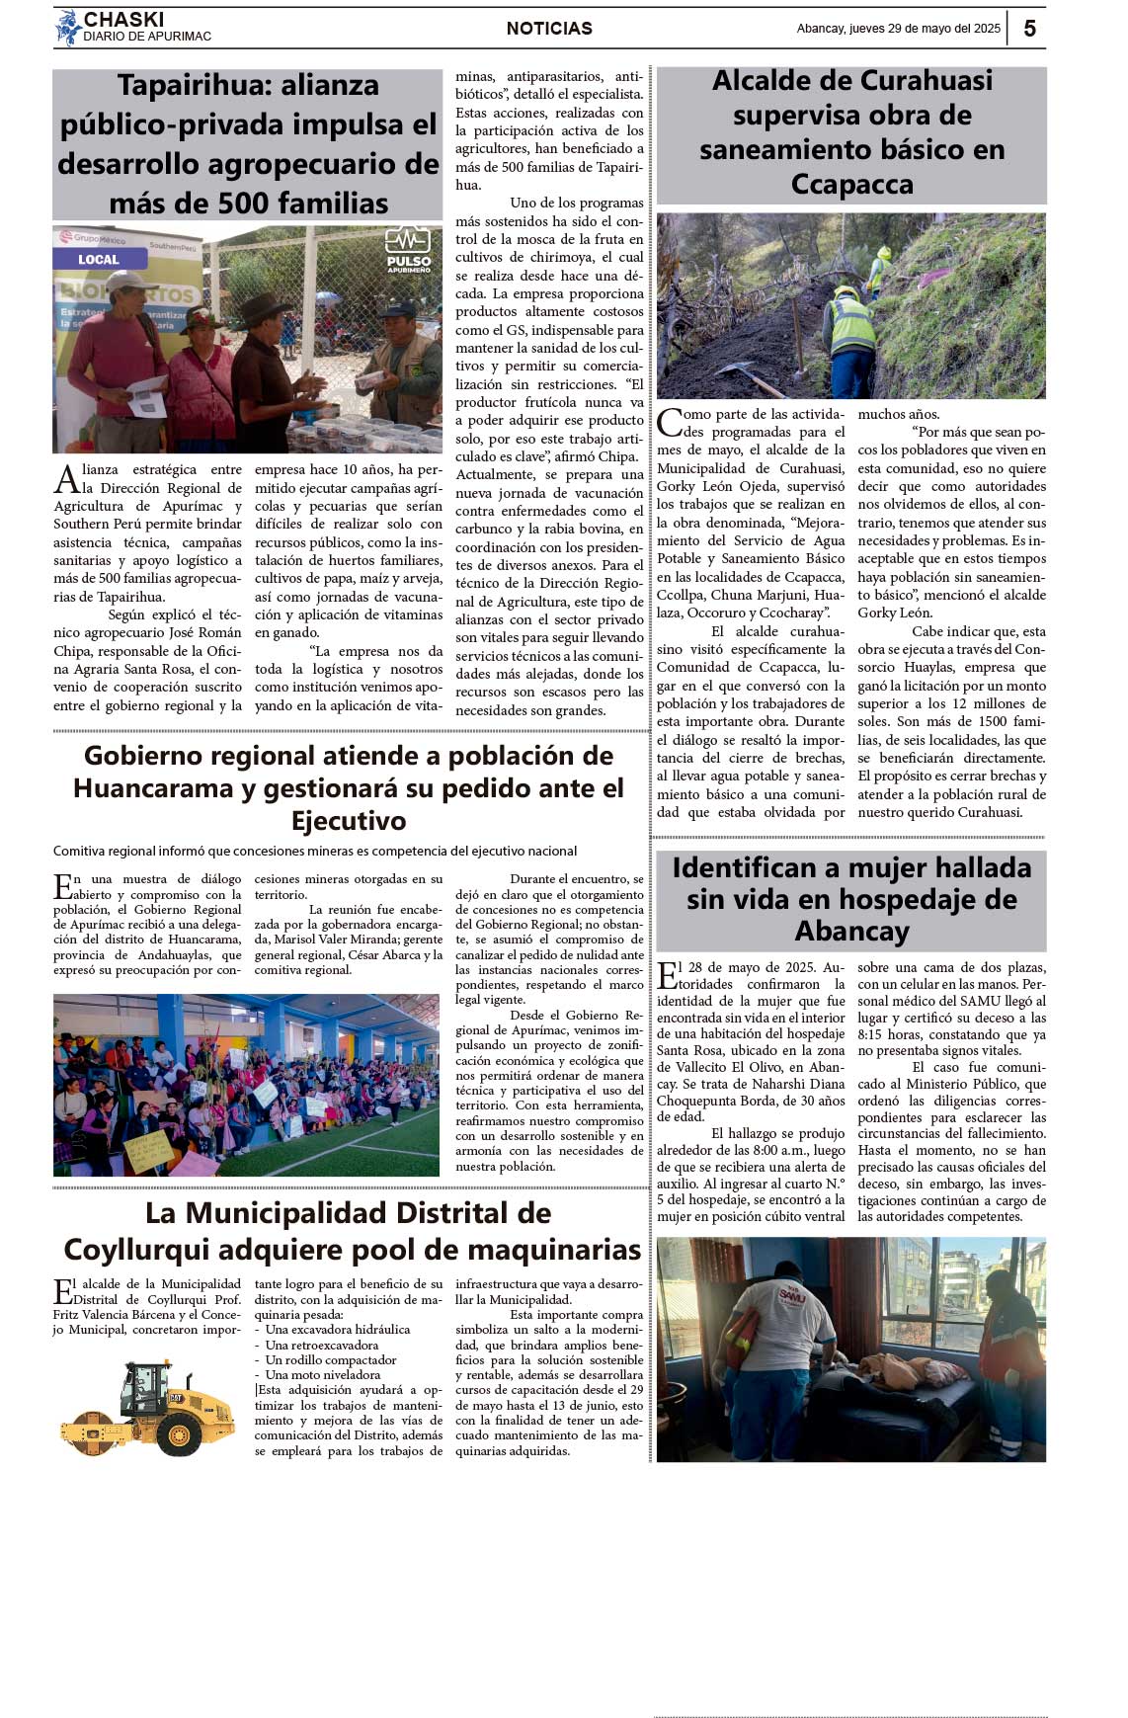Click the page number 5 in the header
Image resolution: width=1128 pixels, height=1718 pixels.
pos(1029,29)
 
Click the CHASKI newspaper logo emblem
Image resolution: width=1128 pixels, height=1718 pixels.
pos(67,28)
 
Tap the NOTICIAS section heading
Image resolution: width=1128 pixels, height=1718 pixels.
pos(549,29)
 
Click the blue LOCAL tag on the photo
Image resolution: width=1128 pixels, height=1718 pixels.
pos(99,260)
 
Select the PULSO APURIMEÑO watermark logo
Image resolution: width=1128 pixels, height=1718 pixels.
pos(408,251)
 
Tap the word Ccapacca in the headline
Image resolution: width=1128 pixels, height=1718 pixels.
pos(851,185)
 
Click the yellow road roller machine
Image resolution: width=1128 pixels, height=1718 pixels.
pos(148,1408)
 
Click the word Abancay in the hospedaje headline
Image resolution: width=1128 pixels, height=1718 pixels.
pos(851,932)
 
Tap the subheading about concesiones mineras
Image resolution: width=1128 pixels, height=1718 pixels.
pos(315,851)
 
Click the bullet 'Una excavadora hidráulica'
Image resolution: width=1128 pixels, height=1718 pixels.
pos(337,1330)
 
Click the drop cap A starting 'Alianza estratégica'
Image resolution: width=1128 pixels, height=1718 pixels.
pos(66,479)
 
